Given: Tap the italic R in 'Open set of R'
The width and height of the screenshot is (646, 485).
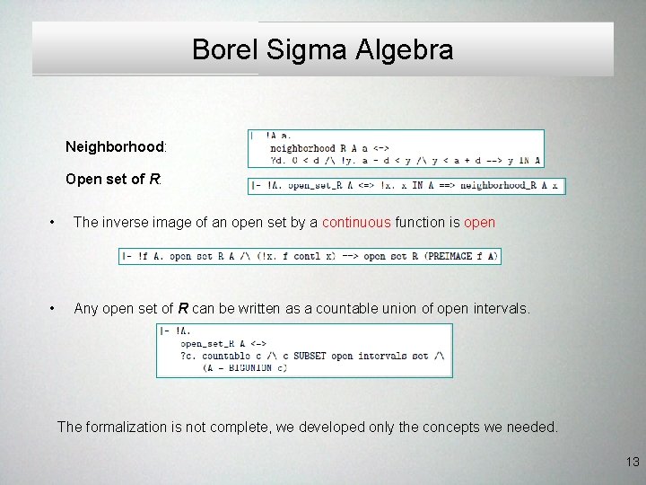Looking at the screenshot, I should (x=154, y=179).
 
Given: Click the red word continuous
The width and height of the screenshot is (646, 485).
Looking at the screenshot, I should (x=356, y=222).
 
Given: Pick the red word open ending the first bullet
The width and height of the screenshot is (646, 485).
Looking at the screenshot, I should (x=479, y=222).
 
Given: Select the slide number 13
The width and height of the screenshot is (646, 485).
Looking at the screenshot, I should (x=633, y=462).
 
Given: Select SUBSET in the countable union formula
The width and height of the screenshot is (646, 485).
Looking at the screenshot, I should (x=311, y=356).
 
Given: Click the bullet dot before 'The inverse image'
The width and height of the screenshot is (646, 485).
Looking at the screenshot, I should (x=55, y=223).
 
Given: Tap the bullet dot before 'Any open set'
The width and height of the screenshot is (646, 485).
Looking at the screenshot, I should (x=55, y=309).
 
